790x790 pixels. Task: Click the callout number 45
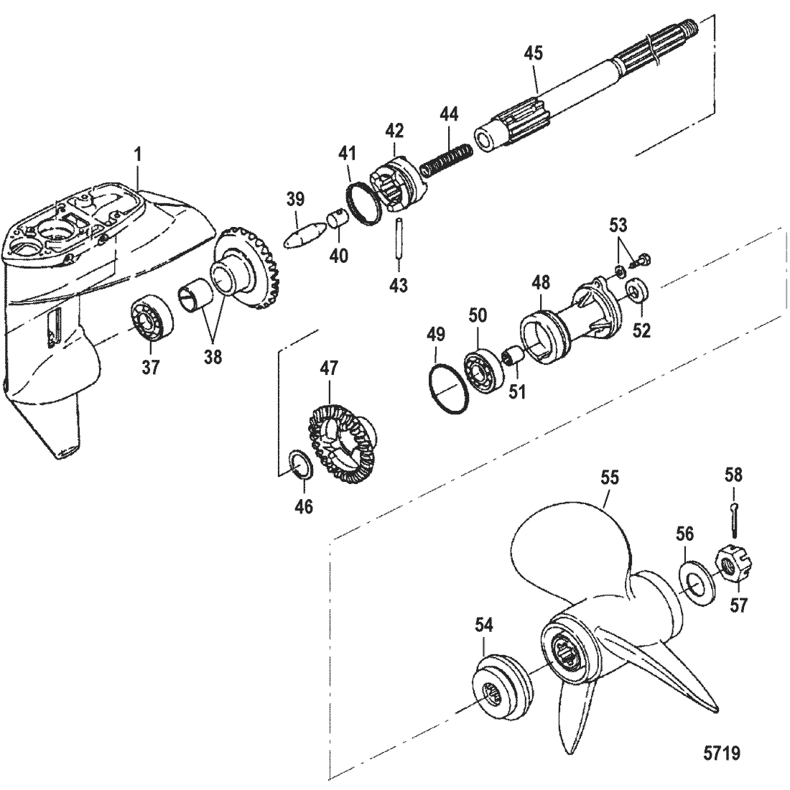[534, 52]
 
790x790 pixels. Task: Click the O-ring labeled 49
[450, 391]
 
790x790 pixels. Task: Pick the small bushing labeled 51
[516, 356]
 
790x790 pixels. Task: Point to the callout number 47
[327, 371]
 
